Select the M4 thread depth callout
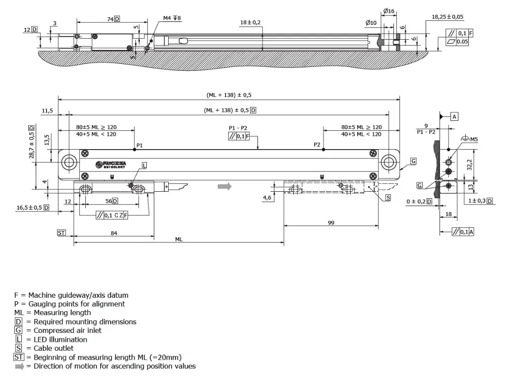pos(172,18)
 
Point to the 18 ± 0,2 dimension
pos(251,23)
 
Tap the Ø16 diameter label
pos(388,11)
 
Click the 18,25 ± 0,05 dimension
pos(447,17)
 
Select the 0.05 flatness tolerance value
pos(462,42)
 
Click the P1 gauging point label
pos(139,146)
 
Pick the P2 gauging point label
pos(317,145)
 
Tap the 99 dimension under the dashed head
pos(331,223)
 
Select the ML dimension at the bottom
pos(179,239)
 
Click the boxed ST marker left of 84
pos(62,232)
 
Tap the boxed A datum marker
pos(454,117)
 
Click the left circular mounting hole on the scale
pos(69,162)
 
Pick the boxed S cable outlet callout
pos(388,198)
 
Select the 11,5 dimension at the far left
pos(48,111)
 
